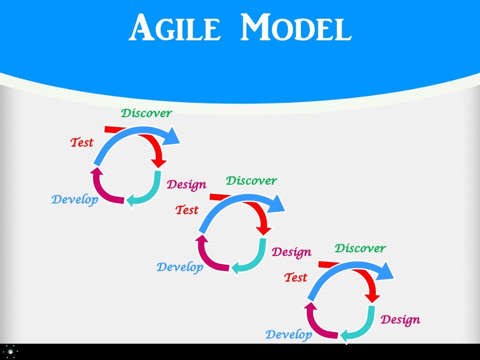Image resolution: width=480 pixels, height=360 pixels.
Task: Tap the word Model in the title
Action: coord(295,28)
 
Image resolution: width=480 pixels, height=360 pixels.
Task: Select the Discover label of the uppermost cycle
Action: coord(146,113)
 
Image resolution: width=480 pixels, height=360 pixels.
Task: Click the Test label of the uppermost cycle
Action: coord(82,142)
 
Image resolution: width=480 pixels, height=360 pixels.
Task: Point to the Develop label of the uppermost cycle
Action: coord(75,200)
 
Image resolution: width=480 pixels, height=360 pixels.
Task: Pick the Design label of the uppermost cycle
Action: coord(187,184)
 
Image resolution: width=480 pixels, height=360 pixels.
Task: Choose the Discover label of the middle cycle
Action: coord(251,180)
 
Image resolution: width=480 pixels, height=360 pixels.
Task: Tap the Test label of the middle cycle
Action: coord(187,210)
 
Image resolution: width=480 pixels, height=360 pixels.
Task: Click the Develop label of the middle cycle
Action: coord(180,267)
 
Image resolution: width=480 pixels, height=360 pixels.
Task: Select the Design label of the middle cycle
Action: coord(292,252)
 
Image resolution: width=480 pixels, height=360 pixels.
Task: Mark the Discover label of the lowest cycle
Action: coord(360,248)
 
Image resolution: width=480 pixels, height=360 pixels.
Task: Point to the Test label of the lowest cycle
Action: coord(296,277)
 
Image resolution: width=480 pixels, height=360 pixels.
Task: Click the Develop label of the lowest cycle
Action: coord(289,335)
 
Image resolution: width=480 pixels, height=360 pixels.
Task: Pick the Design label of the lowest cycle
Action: coord(400,320)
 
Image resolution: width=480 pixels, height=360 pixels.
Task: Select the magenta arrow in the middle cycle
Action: coord(209,258)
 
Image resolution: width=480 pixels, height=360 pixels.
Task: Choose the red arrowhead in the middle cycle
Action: coord(265,230)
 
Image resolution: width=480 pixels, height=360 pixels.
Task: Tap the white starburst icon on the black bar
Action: coord(10,352)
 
